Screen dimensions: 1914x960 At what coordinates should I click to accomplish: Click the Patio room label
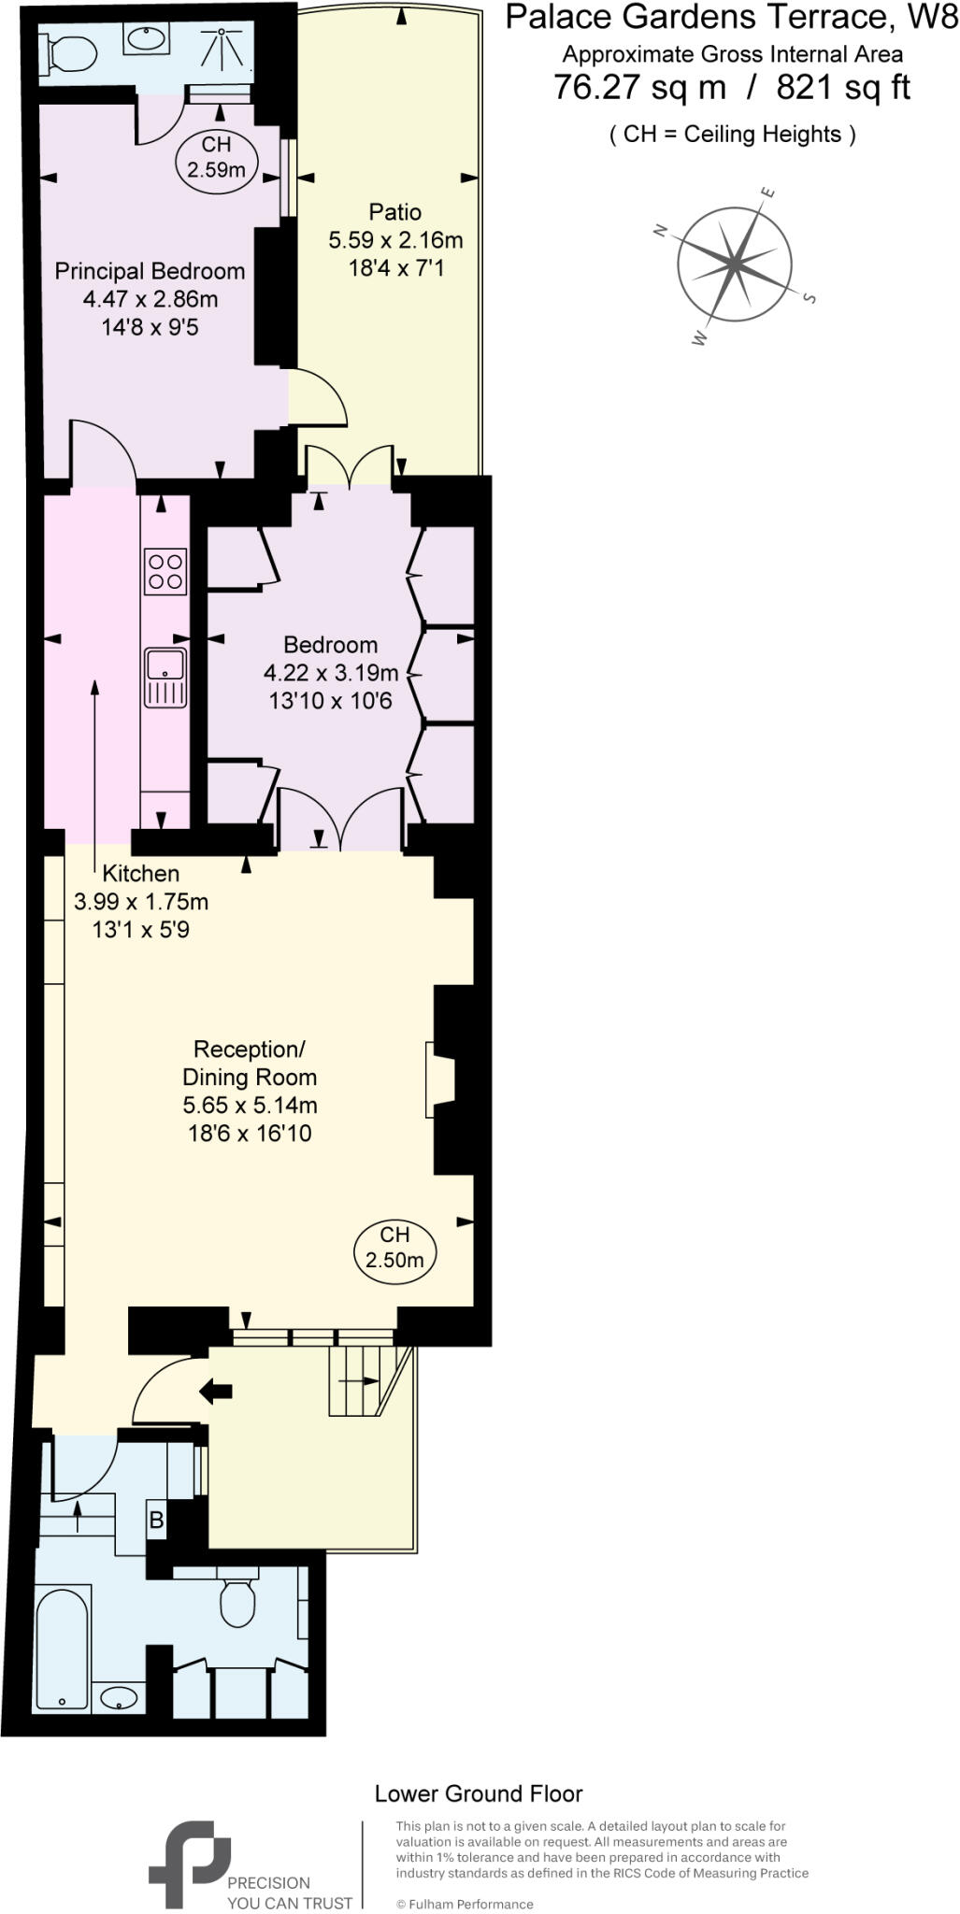click(394, 212)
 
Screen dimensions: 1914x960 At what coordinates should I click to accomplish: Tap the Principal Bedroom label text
click(150, 271)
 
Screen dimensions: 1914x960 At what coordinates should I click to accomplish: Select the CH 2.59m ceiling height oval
click(216, 158)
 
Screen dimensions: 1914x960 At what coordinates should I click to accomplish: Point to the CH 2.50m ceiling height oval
click(394, 1248)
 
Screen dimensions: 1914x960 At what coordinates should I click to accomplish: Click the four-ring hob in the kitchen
click(165, 571)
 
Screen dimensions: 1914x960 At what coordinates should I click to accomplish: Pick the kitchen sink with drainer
click(165, 677)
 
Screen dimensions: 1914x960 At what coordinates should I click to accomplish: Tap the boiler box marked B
click(156, 1521)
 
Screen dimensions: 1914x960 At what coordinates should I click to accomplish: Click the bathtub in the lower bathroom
click(63, 1650)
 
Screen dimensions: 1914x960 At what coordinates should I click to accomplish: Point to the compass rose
click(735, 264)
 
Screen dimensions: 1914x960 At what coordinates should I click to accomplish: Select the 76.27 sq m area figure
click(639, 88)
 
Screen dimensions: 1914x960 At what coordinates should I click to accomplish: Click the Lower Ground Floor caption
click(478, 1793)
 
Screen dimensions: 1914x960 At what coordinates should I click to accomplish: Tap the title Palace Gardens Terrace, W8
click(732, 17)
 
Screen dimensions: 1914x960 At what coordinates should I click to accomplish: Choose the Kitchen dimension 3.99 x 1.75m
click(140, 902)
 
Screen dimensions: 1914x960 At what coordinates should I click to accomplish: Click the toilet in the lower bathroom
click(238, 1603)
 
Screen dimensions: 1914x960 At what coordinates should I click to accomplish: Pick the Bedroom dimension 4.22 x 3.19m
click(331, 673)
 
